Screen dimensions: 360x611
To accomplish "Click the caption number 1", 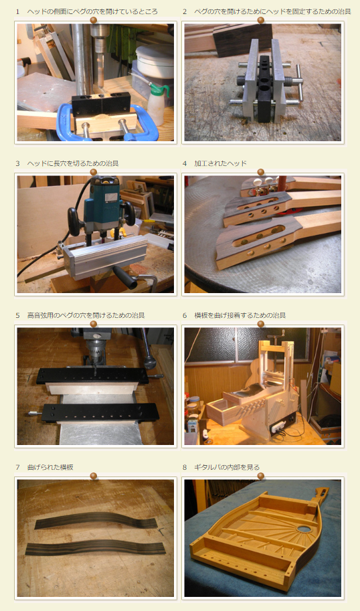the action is pyautogui.click(x=17, y=11).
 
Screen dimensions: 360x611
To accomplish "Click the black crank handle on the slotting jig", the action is pyautogui.click(x=124, y=276).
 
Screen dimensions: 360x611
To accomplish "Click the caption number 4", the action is pyautogui.click(x=185, y=164).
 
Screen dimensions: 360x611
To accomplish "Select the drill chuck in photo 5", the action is pyautogui.click(x=94, y=346).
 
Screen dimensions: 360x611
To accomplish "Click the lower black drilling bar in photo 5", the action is pyautogui.click(x=101, y=413).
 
